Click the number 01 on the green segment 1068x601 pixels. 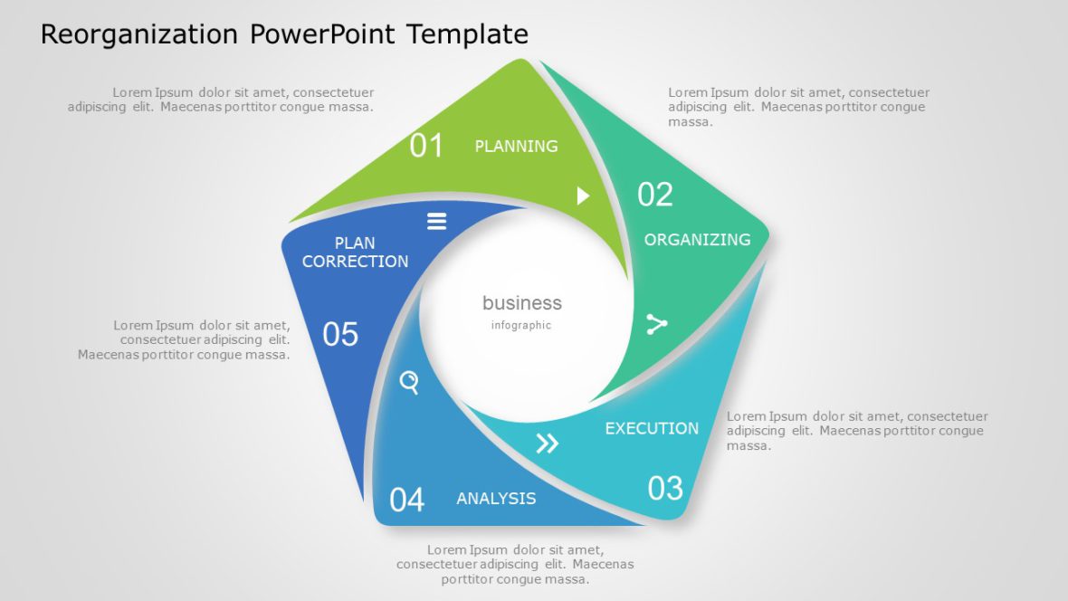coord(426,146)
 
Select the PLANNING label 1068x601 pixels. coord(516,146)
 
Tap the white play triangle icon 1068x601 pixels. coord(583,196)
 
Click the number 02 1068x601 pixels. coord(655,195)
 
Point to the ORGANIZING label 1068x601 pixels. coord(697,240)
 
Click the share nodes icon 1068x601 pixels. coord(656,324)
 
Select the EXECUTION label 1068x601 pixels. coord(652,428)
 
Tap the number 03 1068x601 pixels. coord(665,489)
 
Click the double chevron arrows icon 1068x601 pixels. coord(548,444)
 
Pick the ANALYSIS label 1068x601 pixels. coord(496,499)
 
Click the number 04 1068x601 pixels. coord(406,500)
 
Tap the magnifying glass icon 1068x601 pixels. coord(410,383)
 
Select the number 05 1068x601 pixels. coord(340,335)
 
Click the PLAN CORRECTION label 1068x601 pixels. coord(355,253)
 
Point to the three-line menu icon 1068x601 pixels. coord(437,222)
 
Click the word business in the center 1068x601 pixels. coord(521,303)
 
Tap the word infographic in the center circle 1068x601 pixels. coord(521,326)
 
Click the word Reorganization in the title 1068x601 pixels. coord(139,34)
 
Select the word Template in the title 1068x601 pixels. coord(467,34)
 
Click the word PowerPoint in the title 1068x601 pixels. coord(323,34)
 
